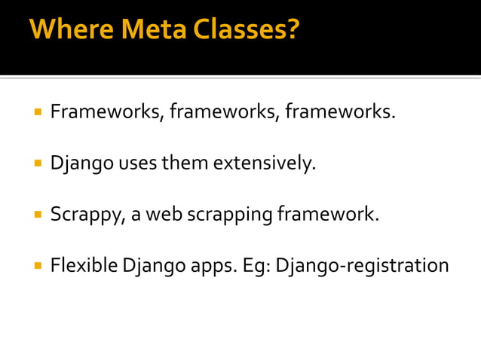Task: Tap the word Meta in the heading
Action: pyautogui.click(x=143, y=30)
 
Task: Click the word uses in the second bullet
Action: pyautogui.click(x=136, y=163)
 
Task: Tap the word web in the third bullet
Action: pyautogui.click(x=159, y=215)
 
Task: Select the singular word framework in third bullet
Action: pyautogui.click(x=328, y=215)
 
